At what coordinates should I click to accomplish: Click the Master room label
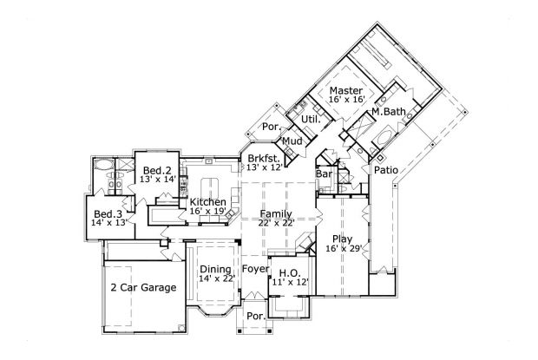(345, 90)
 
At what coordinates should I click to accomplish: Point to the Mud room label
(292, 141)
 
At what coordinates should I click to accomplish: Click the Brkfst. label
(263, 158)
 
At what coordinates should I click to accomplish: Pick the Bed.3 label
(107, 213)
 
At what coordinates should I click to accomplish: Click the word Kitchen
(208, 202)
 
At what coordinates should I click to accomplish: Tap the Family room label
(275, 213)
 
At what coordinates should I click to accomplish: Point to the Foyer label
(255, 269)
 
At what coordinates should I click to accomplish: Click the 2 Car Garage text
(143, 287)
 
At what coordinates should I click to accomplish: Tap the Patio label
(386, 170)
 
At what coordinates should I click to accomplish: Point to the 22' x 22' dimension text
(275, 223)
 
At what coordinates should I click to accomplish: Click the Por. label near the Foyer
(255, 316)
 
